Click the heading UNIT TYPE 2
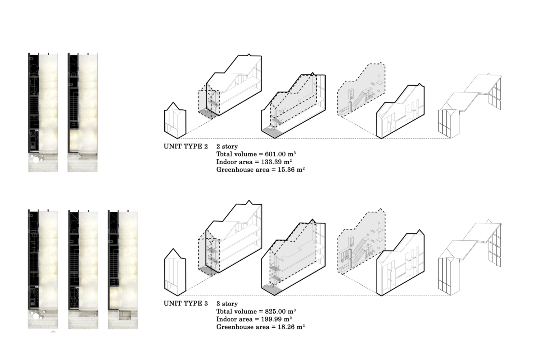point(186,146)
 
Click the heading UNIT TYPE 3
point(186,303)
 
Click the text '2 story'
point(227,147)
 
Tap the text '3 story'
point(227,304)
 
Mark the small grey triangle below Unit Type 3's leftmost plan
point(53,331)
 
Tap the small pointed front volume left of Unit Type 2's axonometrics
point(175,120)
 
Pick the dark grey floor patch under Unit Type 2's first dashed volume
point(208,113)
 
